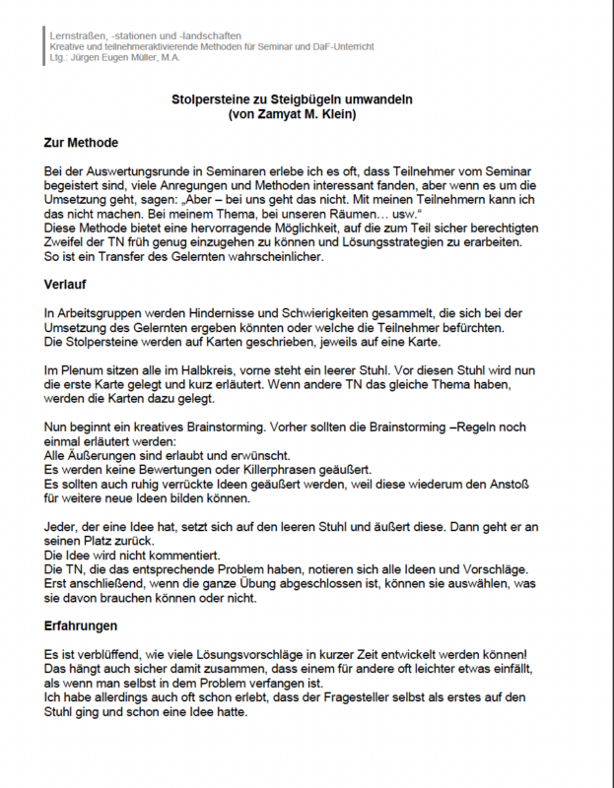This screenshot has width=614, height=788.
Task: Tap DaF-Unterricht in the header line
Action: click(x=341, y=47)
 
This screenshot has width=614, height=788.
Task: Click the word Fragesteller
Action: click(x=377, y=697)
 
